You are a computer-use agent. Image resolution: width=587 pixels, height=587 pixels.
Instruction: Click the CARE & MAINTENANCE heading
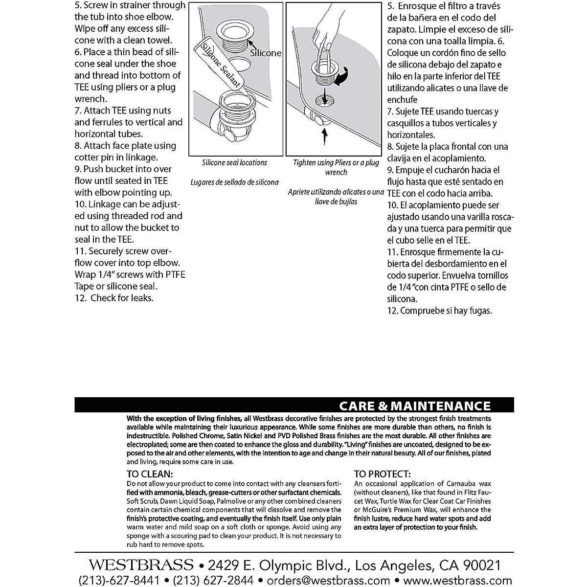415,406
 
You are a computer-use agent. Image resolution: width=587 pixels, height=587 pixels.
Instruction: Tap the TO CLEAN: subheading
150,474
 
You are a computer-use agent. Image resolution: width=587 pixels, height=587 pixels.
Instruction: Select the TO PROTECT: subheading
382,474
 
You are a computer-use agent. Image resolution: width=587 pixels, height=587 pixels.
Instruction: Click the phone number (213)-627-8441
119,580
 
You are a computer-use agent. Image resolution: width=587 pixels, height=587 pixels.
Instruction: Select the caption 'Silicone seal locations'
235,162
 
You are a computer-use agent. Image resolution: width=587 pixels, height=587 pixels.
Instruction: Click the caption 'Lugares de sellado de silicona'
235,182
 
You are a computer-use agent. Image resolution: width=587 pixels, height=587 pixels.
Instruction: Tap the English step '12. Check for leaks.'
114,298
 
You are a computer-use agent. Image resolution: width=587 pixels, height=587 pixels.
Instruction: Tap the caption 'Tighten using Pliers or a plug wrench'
336,167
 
